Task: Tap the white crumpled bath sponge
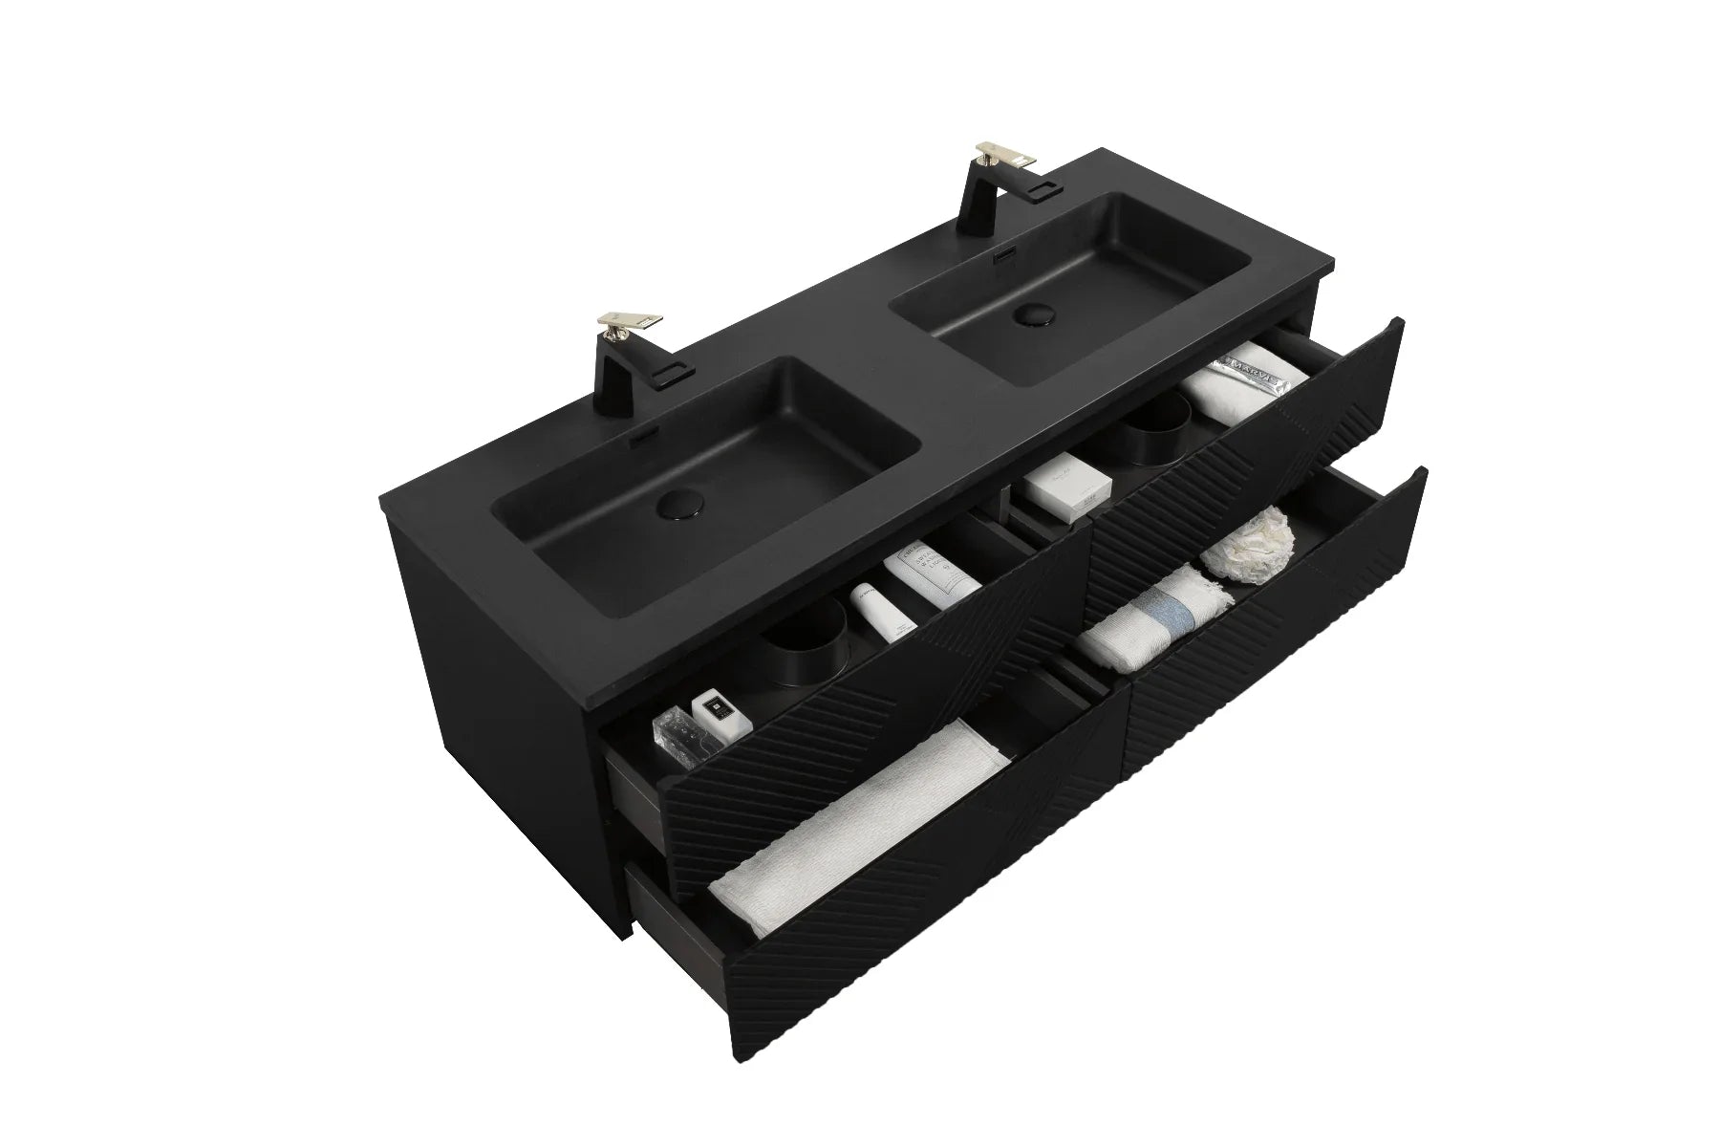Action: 1243,542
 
